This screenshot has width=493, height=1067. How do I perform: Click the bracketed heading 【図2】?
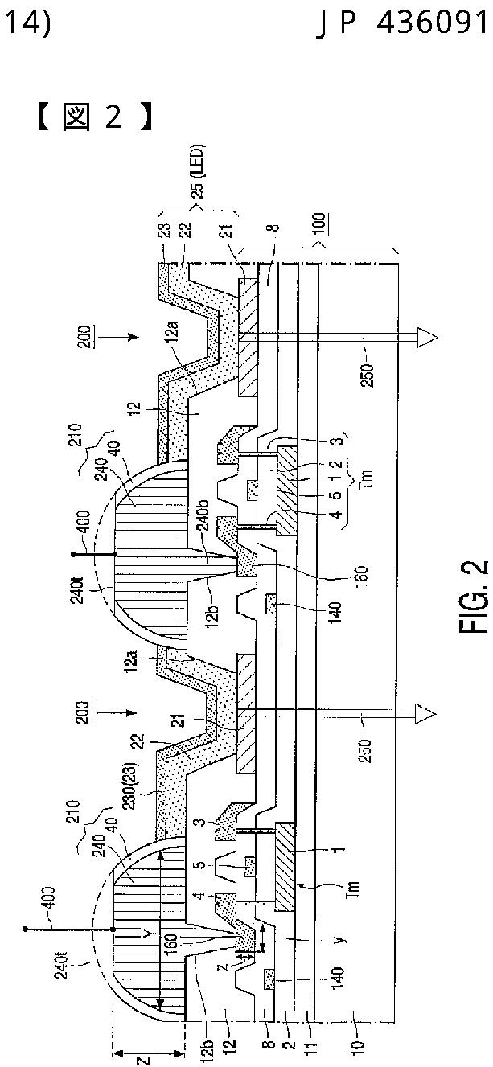(x=92, y=117)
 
